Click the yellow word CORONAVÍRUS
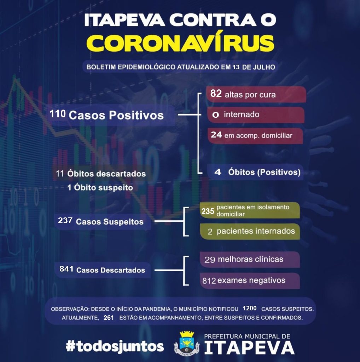coord(180,43)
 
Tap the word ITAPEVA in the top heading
coord(125,20)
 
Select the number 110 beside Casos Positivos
coord(58,114)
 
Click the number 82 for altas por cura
coord(216,93)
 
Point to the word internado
coord(242,115)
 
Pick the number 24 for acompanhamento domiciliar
coord(216,135)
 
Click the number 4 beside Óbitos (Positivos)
coord(218,172)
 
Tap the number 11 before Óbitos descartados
coord(60,174)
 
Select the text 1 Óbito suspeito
coord(100,187)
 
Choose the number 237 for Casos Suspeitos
coord(65,220)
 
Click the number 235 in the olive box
coord(208,211)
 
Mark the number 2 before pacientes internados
coord(210,232)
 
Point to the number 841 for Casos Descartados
coord(66,269)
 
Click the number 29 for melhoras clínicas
coord(210,260)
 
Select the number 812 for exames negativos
coord(209,281)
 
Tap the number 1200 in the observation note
coord(250,308)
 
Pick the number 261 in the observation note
coord(109,318)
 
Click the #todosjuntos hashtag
coord(115,346)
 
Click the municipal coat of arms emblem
coord(187,344)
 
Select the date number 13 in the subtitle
coord(236,67)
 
